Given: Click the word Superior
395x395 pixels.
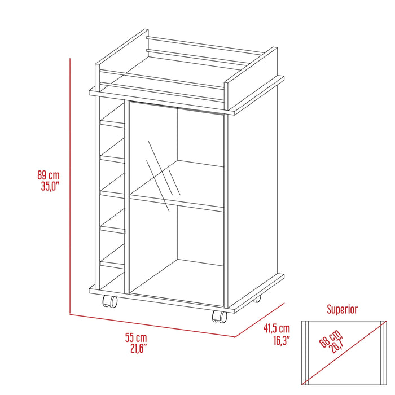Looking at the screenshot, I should tap(343, 309).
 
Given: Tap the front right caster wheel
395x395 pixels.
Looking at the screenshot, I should tap(218, 317).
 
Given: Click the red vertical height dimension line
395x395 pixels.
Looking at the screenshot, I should tap(70, 186).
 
